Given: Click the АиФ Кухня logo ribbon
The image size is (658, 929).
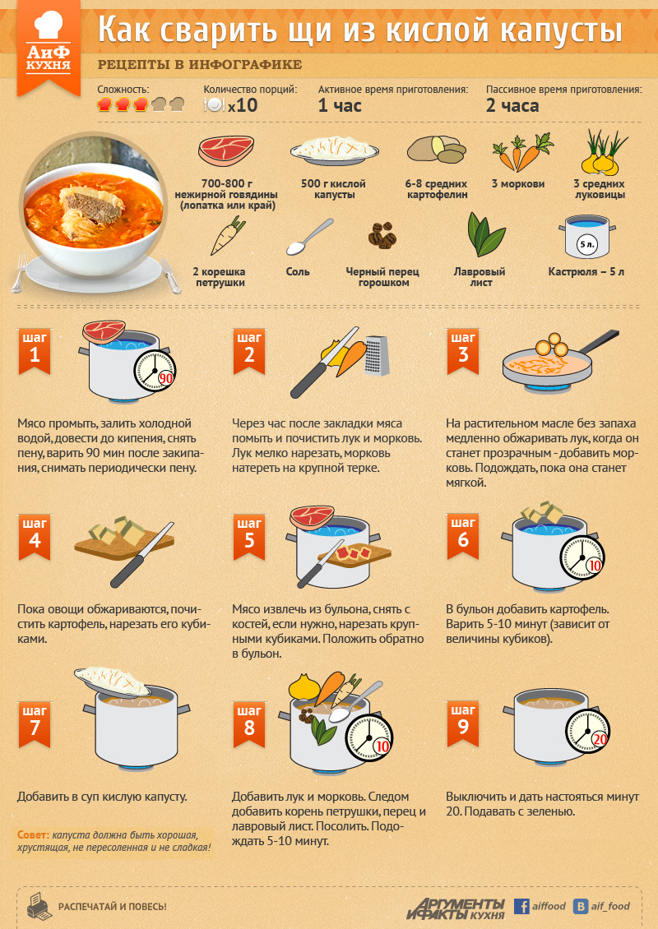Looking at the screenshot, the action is tap(49, 48).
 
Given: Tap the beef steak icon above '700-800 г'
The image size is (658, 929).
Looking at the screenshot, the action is tap(226, 151).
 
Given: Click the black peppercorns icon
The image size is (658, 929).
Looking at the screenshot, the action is tap(382, 235).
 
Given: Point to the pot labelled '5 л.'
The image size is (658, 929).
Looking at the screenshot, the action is tap(586, 237).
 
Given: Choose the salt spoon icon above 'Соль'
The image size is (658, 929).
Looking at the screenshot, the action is tap(309, 237).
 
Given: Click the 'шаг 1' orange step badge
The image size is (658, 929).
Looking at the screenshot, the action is tap(35, 351).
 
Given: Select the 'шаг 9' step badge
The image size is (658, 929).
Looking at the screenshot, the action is tap(463, 723).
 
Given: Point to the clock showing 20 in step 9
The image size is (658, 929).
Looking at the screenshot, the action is tap(587, 731).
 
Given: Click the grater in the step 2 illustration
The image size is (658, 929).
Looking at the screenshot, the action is tap(377, 355).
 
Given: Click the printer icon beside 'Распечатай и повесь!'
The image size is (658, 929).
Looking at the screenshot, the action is tap(39, 906).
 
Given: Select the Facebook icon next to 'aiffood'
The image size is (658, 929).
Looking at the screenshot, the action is tap(521, 906).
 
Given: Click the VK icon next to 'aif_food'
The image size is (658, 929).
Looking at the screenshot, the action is tap(581, 906).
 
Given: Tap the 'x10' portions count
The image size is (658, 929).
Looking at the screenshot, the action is tap(243, 105).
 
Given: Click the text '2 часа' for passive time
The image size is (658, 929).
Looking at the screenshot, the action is tap(512, 105).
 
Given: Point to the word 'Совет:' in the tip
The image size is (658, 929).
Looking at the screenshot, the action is tap(33, 834).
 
